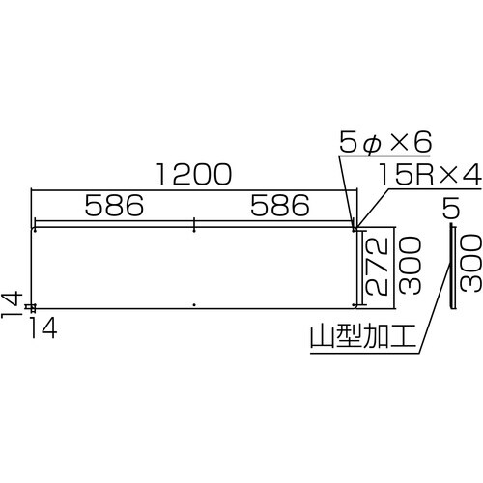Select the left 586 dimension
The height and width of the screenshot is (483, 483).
(113, 206)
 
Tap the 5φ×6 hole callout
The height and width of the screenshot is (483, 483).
(383, 144)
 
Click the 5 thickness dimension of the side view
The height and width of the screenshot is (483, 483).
(451, 206)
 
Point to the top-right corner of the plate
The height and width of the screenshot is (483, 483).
(355, 229)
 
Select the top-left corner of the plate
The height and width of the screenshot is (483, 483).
(34, 229)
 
